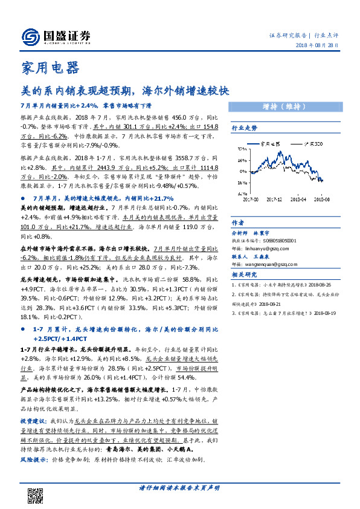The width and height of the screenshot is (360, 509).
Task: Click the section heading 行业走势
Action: click(x=245, y=129)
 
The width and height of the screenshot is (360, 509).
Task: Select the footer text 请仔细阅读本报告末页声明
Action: click(x=179, y=487)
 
